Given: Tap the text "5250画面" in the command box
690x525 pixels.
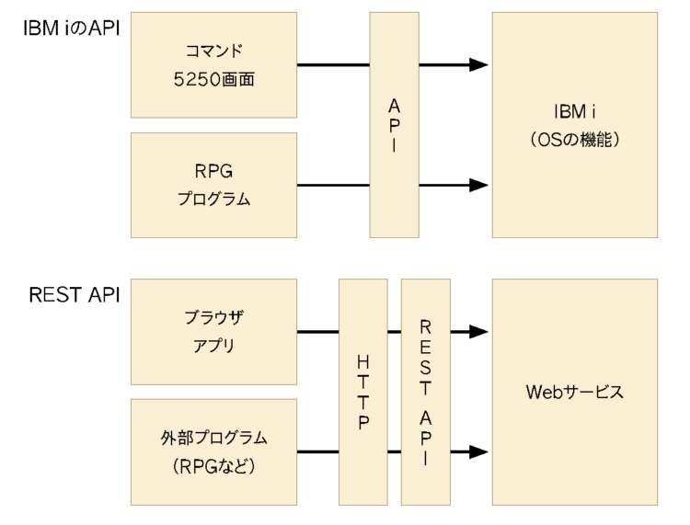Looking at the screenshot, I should tap(213, 80).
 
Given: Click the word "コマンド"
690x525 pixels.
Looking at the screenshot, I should tap(213, 51).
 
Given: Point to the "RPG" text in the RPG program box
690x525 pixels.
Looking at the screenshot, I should tap(213, 170).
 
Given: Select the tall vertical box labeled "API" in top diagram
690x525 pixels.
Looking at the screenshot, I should tap(395, 125).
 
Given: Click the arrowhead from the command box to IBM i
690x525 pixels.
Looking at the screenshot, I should tap(477, 65).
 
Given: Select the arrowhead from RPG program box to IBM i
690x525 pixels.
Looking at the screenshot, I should tap(477, 185).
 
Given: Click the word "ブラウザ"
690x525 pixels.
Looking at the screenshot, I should tap(213, 317).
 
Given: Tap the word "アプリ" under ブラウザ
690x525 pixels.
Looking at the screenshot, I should tap(213, 347).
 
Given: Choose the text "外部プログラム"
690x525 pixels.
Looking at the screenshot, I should tap(213, 437).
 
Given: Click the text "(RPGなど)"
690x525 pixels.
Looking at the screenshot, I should tap(213, 466).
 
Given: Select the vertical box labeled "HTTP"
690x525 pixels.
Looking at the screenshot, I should tap(363, 392).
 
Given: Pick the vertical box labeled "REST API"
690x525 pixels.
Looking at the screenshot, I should tap(425, 392).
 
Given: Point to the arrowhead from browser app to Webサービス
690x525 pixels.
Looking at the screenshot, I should tap(477, 332).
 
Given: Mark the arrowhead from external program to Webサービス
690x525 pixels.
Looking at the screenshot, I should tap(477, 451).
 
